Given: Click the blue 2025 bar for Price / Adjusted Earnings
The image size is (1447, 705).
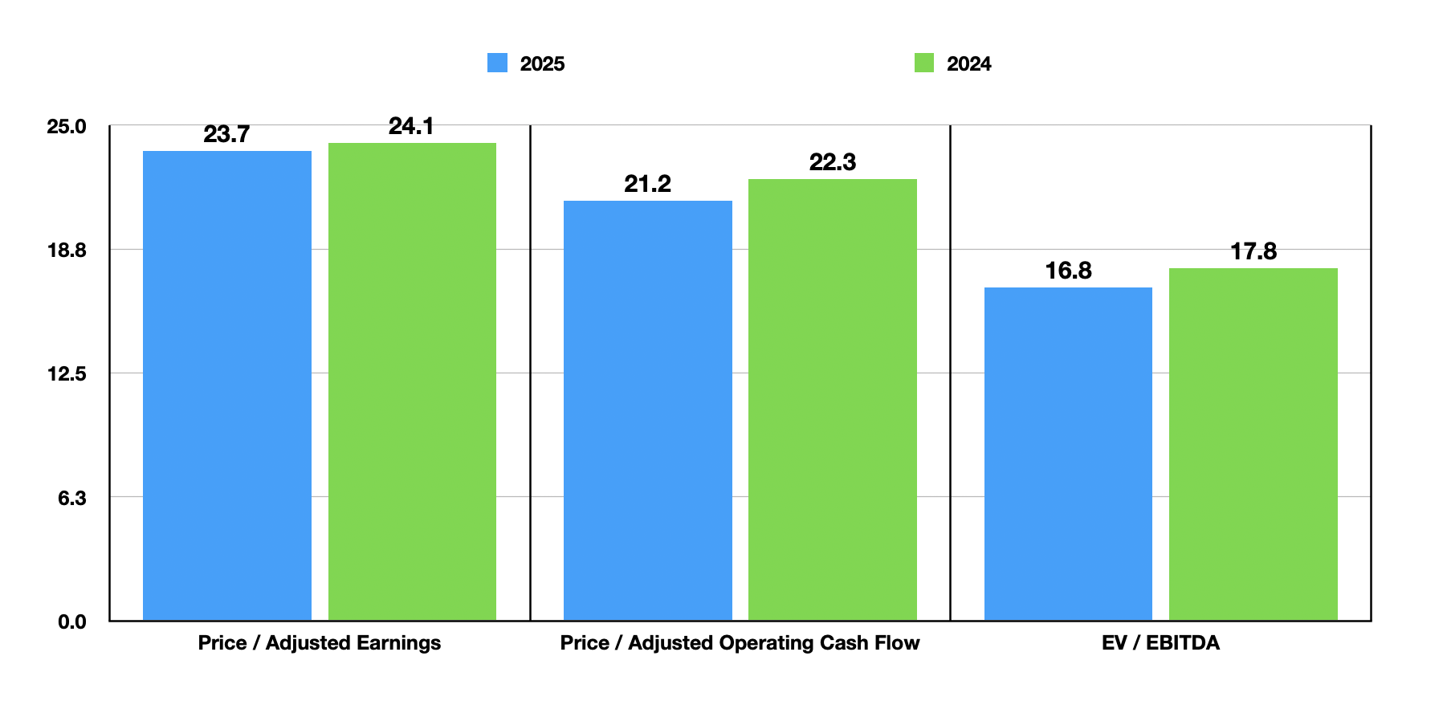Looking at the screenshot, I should pos(227,385).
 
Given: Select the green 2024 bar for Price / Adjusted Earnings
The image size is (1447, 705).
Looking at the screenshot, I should pos(412,381).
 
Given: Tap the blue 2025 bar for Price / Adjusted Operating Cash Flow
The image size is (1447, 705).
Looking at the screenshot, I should pos(648,410).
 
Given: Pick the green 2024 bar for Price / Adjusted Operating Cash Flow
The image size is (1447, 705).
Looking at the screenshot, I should pos(833,399).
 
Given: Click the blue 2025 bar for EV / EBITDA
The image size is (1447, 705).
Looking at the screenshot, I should pos(1068,454).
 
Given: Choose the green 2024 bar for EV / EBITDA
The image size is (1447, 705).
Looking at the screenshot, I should pos(1253,444).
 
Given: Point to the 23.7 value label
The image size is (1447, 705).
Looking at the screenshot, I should pos(226,134).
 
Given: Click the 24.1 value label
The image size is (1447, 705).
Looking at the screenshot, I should pos(411,126).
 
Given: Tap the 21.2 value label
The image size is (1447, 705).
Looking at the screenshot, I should pos(647,184).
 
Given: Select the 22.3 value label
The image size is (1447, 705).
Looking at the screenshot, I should pos(833,162).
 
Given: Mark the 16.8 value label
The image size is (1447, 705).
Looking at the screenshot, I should pos(1068,271).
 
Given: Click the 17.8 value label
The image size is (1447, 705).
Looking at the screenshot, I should pos(1253,251).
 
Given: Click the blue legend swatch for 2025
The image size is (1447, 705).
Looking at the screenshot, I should pos(498,63).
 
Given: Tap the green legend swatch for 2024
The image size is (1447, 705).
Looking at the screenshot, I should pos(924,63).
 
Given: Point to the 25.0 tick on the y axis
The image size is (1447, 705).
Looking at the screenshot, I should pos(67,127).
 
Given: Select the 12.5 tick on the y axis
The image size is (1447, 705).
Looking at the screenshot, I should pos(67,374).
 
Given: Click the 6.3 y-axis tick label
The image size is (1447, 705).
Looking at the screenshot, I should pos(71,498).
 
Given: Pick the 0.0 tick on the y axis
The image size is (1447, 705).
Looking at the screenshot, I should pos(71,622).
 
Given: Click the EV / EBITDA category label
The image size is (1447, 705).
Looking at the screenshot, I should pos(1160,643).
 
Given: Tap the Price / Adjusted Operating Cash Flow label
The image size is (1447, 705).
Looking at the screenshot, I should pos(740,643).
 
